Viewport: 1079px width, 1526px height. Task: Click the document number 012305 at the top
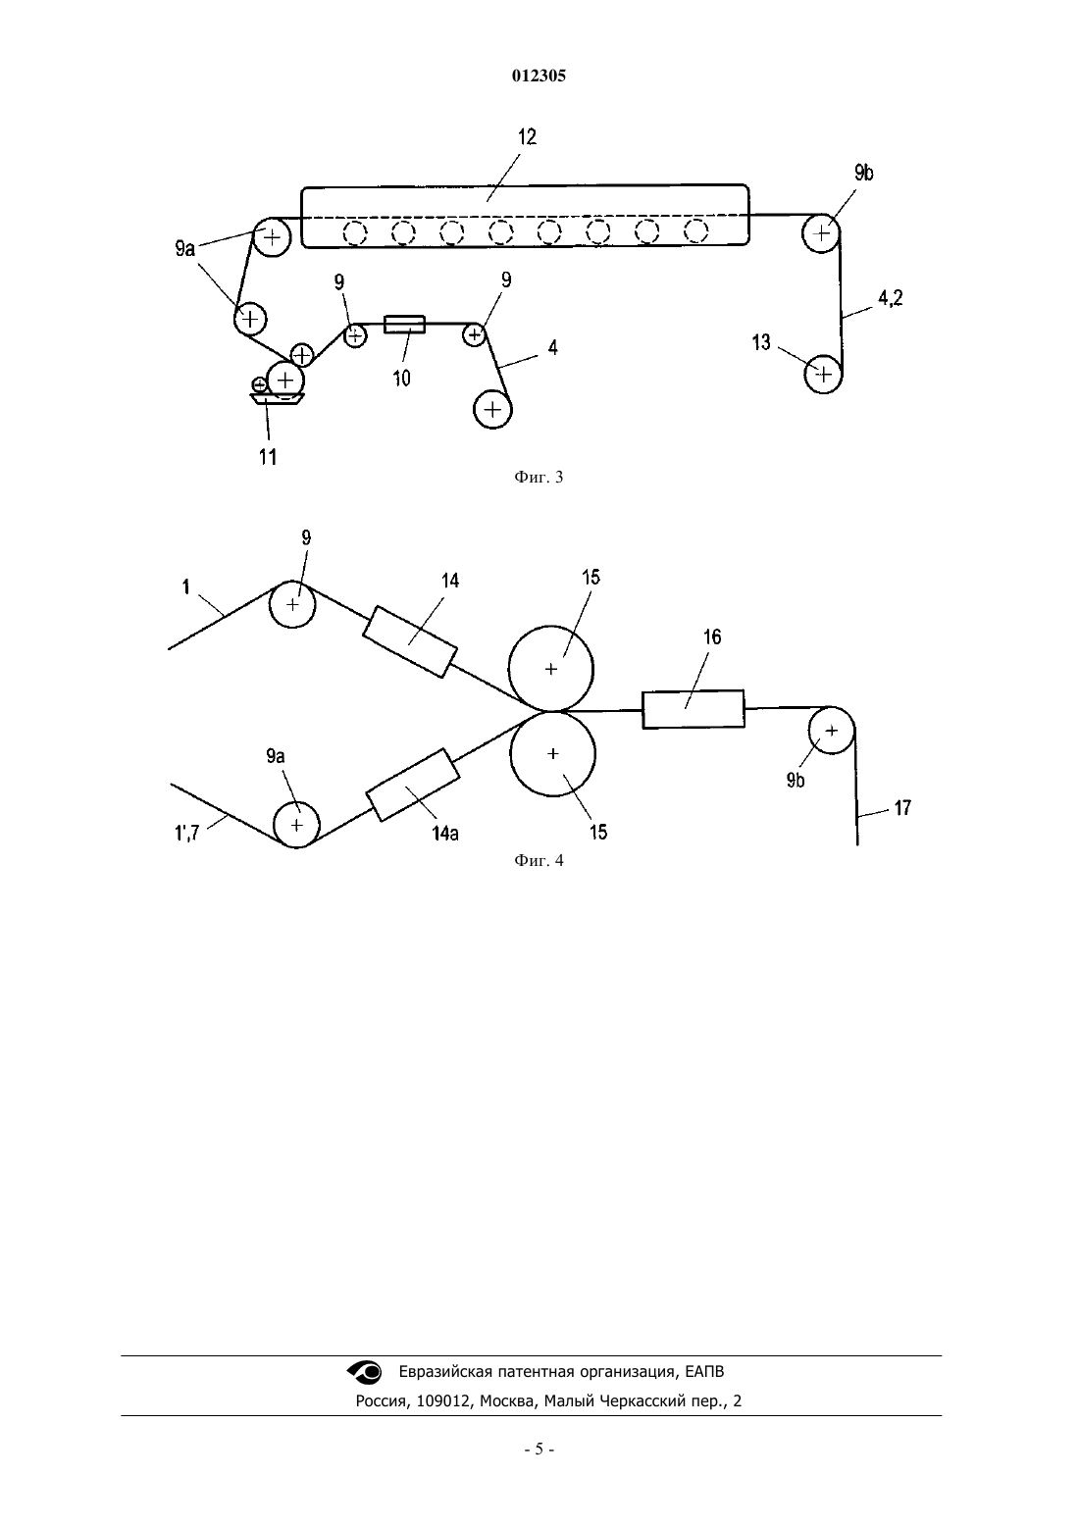(x=539, y=76)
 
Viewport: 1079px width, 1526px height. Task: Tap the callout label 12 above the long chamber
(x=527, y=137)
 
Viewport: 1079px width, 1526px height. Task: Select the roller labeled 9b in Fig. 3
(x=822, y=233)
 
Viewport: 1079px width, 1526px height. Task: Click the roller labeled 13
(x=823, y=374)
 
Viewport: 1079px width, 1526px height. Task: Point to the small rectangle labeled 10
(x=404, y=325)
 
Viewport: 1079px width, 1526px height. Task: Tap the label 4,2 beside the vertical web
(x=890, y=298)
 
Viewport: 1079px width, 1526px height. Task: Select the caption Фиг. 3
(x=539, y=477)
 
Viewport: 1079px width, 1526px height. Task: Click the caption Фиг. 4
(x=539, y=860)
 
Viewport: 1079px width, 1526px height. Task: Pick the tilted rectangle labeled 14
(x=409, y=642)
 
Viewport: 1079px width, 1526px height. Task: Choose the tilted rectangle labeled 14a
(x=413, y=785)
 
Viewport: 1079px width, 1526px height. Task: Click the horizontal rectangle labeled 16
(x=694, y=709)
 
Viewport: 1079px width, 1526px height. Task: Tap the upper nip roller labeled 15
(x=551, y=668)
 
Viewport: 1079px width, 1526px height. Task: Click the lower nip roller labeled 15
(x=552, y=753)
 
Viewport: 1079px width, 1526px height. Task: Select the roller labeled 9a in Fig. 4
(x=296, y=825)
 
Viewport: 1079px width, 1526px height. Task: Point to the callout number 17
(x=901, y=808)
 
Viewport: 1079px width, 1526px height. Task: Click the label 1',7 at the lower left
(x=186, y=832)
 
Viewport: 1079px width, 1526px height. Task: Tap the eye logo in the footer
(x=365, y=1371)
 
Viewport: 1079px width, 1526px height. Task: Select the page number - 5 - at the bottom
(x=539, y=1450)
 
